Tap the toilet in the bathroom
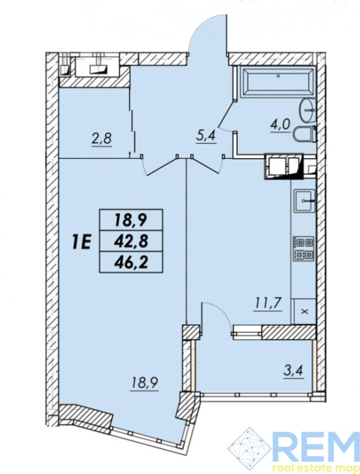(x=305, y=135)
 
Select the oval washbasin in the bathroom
(x=307, y=111)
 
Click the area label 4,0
(x=282, y=125)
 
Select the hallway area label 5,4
(x=205, y=137)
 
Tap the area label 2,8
(x=102, y=140)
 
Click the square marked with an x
(x=304, y=312)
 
